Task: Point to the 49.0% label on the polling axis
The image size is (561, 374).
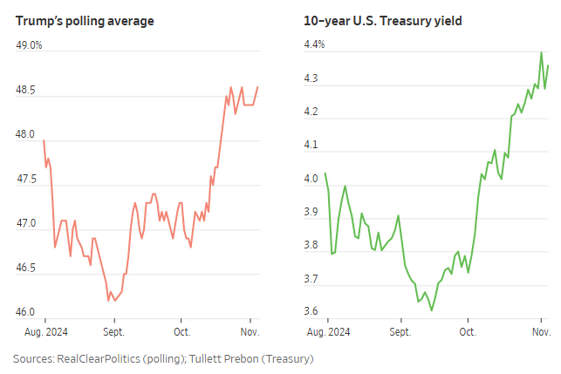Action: [29, 45]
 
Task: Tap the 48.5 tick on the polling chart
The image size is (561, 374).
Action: [26, 90]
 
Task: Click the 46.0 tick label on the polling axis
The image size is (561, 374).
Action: [26, 312]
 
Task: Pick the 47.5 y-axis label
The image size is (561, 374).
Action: [26, 179]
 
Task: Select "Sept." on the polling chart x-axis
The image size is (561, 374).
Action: [113, 332]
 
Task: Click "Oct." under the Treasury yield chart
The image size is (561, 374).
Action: [468, 332]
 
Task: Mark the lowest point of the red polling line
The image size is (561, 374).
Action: [108, 301]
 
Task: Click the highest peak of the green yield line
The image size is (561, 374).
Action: [541, 52]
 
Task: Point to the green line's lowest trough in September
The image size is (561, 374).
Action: [432, 309]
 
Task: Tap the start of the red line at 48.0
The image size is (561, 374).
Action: [44, 140]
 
